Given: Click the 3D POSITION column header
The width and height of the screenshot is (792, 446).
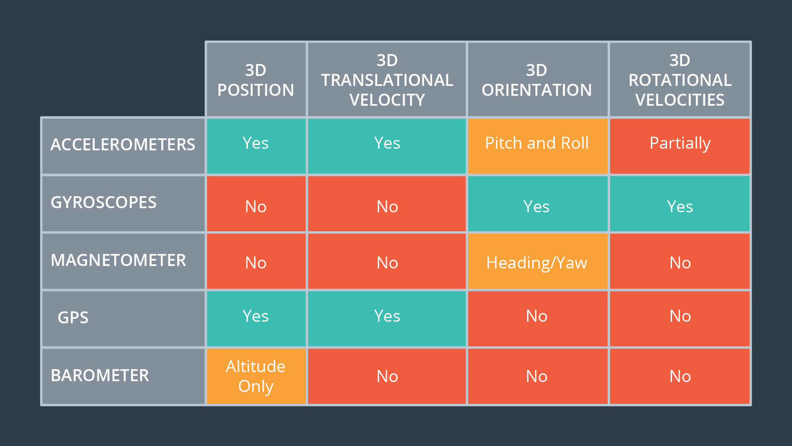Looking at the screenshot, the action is pos(256,80).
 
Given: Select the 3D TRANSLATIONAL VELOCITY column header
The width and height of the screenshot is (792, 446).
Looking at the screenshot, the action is pos(387,80).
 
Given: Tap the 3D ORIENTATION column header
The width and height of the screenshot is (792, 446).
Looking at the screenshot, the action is pos(537,80).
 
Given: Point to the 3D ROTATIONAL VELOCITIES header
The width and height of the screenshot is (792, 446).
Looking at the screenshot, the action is pos(680,80).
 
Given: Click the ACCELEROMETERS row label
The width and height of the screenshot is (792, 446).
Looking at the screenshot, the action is pos(123,146).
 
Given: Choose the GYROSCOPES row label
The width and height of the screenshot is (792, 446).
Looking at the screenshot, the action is pos(123,204).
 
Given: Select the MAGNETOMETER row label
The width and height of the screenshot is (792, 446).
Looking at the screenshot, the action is pos(123,261).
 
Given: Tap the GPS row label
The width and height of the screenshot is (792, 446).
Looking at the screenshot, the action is pos(123,319).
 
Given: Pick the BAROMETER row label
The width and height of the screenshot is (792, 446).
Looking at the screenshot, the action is pos(123,376).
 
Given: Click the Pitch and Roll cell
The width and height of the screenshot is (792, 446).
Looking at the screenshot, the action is pos(537,146).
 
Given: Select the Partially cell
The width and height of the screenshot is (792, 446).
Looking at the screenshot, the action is pos(680,146).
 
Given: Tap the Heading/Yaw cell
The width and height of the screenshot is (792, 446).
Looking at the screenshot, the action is pos(537,261).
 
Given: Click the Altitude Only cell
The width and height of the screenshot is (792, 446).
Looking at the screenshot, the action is pos(256,376).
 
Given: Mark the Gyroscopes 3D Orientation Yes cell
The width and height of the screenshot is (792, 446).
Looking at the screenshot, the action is pos(537,204).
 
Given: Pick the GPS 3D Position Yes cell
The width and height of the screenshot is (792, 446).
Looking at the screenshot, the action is pos(256,319).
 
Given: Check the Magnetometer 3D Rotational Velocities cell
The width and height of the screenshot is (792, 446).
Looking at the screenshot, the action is pos(680,261).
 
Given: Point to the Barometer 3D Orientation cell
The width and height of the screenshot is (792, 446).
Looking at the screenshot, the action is pos(537,376).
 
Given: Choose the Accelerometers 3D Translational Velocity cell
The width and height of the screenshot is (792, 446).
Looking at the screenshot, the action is pos(387,146).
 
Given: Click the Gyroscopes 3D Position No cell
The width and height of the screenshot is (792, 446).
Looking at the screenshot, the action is pos(256,204).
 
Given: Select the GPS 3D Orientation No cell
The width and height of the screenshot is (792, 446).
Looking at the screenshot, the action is pos(537,319).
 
